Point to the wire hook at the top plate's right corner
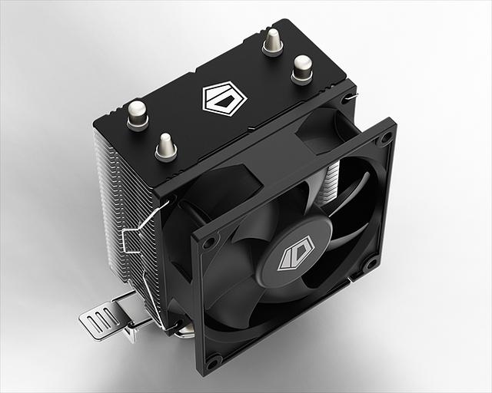tap(351, 97)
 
